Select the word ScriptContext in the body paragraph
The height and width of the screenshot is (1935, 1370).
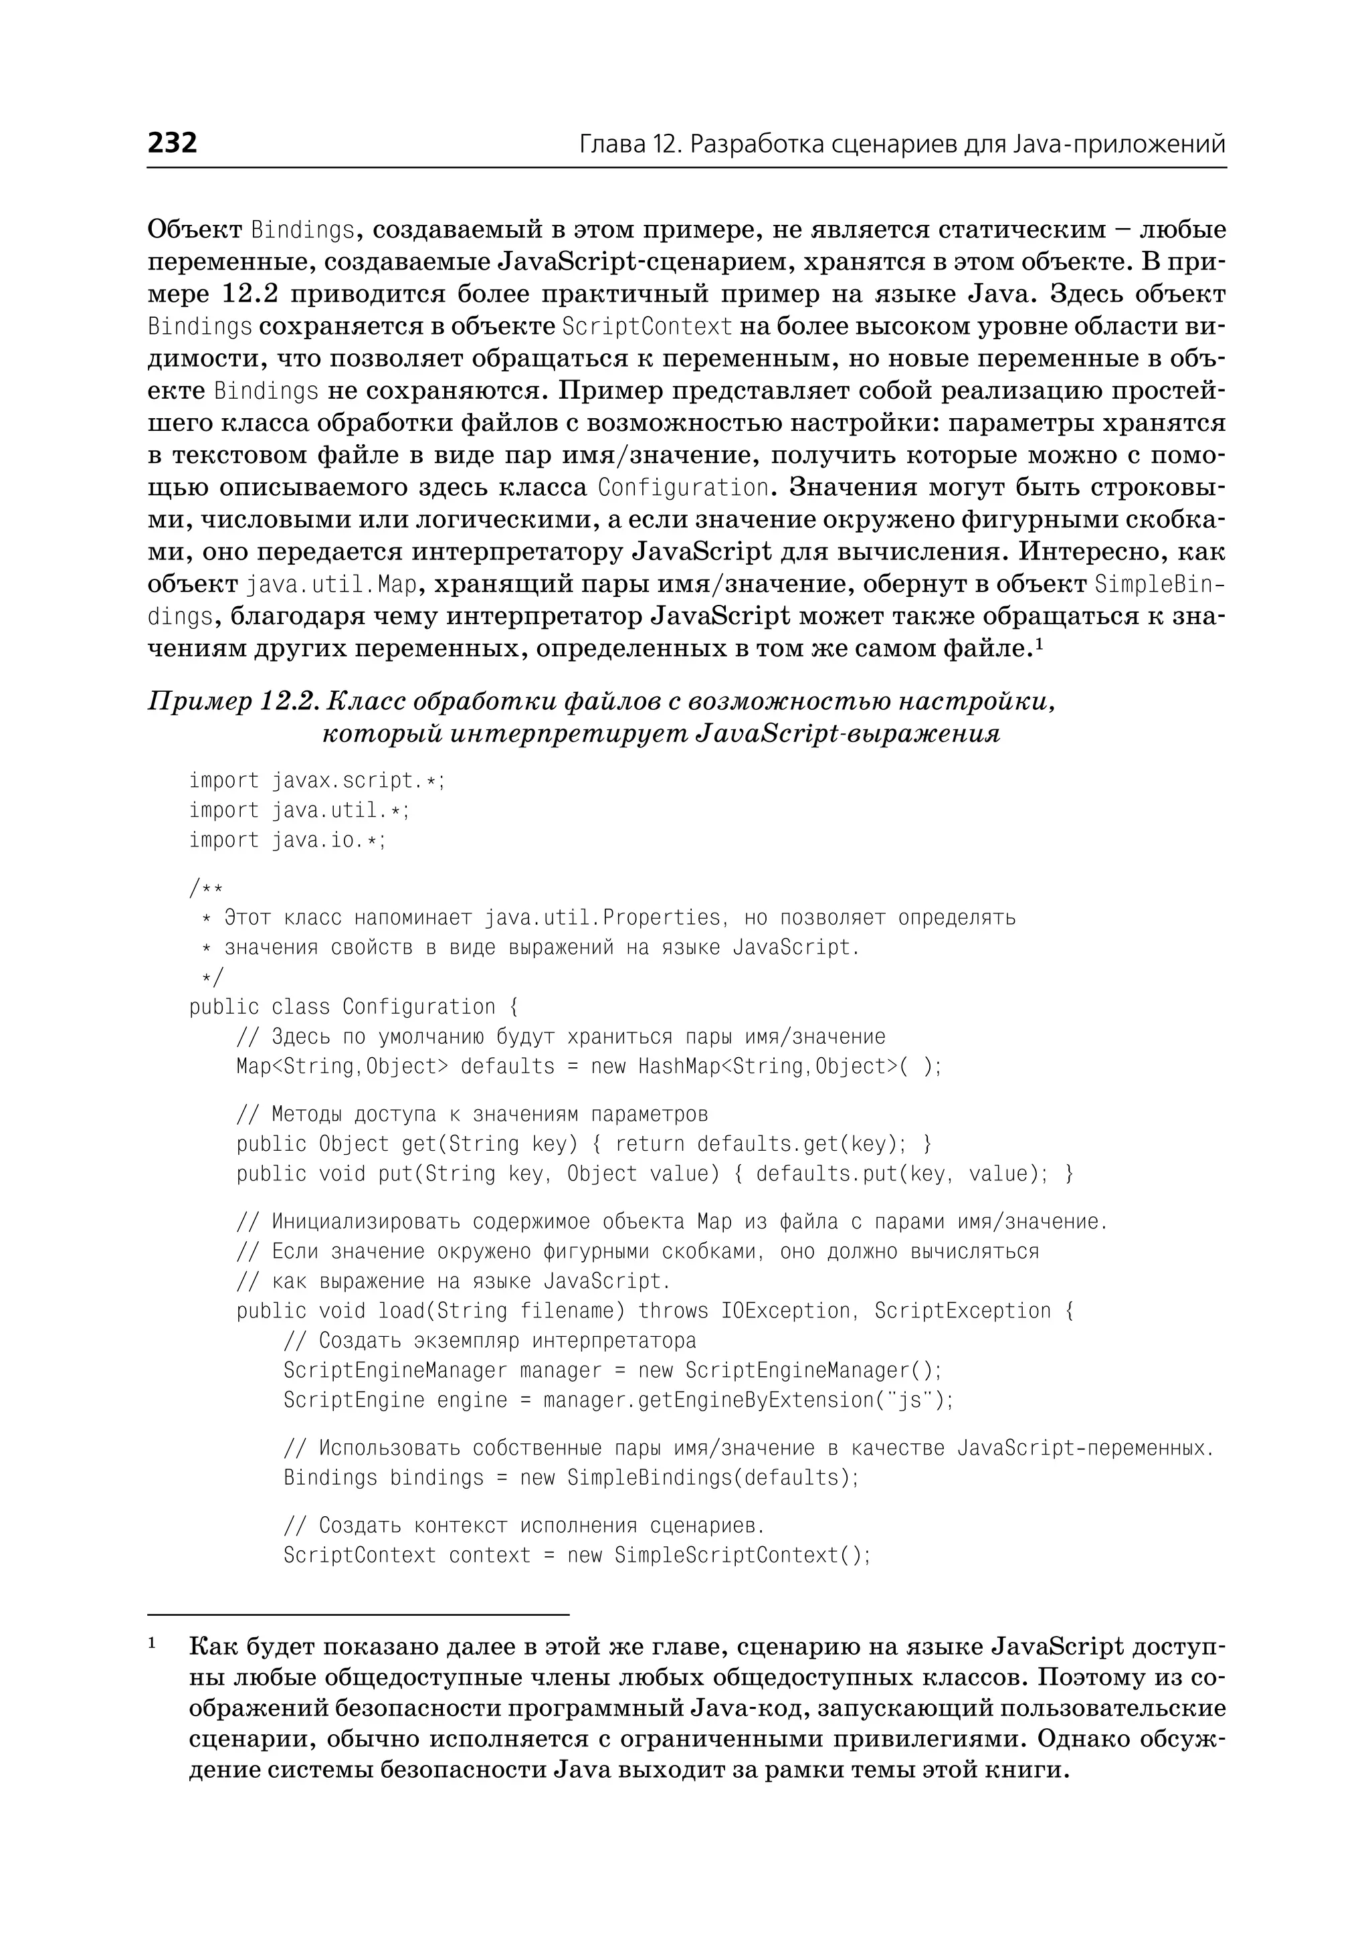[647, 327]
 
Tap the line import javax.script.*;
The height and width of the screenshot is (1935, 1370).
[316, 781]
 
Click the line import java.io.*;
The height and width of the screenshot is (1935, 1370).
[287, 840]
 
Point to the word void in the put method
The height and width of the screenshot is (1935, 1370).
[342, 1174]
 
